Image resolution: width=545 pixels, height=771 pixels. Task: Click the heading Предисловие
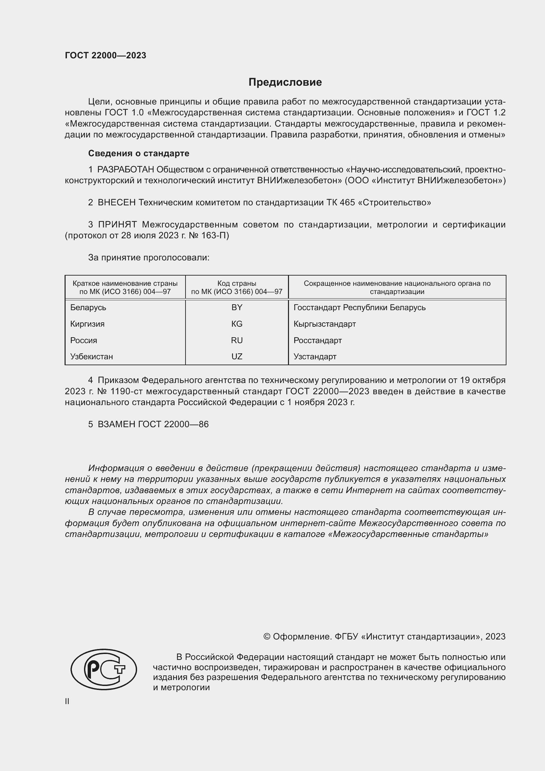tap(285, 82)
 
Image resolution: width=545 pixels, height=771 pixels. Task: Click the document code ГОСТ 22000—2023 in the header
tap(105, 55)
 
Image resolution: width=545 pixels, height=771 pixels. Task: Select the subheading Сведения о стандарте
tap(139, 154)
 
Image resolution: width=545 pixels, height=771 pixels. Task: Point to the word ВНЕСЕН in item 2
tap(116, 202)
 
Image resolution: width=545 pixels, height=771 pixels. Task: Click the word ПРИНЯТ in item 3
tap(117, 224)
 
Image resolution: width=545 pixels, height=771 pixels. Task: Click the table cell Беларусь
tap(88, 308)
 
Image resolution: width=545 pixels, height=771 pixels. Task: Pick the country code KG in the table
tap(237, 324)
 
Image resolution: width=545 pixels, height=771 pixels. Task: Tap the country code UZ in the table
tap(237, 357)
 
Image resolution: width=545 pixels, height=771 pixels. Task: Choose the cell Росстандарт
tap(317, 341)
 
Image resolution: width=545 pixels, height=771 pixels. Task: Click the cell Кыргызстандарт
tap(325, 324)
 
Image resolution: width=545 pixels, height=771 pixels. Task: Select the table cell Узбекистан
tap(91, 357)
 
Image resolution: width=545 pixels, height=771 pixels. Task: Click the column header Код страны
tap(237, 283)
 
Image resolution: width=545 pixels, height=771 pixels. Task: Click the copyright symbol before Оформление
tap(267, 637)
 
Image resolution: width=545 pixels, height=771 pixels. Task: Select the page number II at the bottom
tap(67, 701)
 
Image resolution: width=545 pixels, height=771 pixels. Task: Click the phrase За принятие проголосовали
tap(149, 257)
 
